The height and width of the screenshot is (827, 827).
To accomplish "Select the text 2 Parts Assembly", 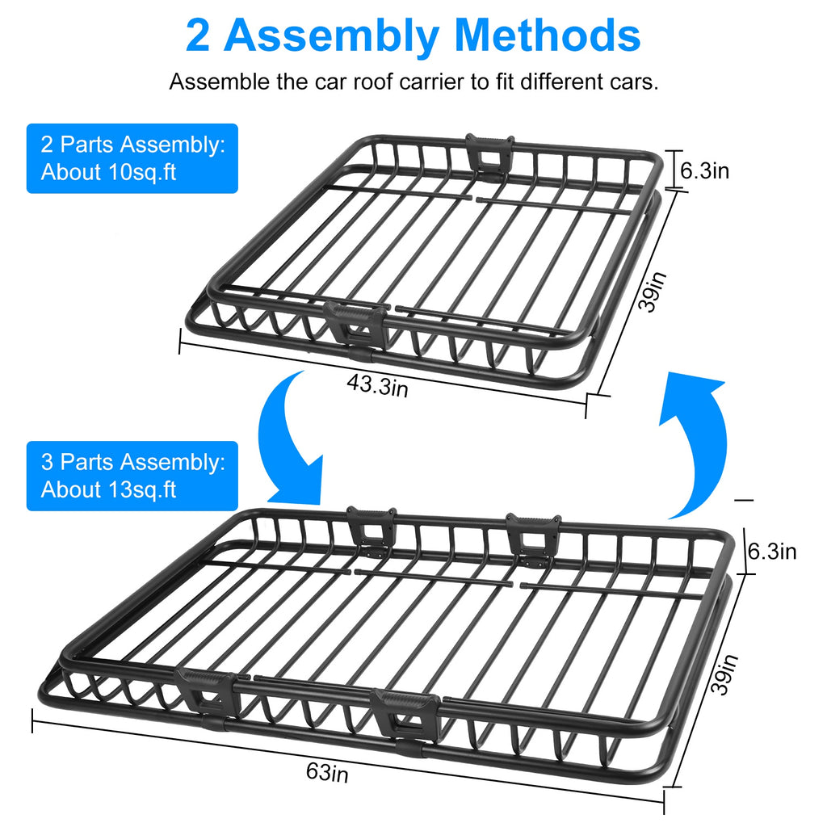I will pyautogui.click(x=132, y=145).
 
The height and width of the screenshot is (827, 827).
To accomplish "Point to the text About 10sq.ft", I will pyautogui.click(x=109, y=172).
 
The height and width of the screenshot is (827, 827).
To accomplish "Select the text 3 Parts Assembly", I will pyautogui.click(x=132, y=463).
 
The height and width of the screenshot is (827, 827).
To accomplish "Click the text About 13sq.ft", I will pyautogui.click(x=109, y=489).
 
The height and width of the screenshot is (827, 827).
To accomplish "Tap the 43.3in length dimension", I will pyautogui.click(x=377, y=387).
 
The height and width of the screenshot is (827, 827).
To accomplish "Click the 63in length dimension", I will pyautogui.click(x=327, y=772).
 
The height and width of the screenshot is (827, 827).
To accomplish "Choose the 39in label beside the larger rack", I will pyautogui.click(x=725, y=674).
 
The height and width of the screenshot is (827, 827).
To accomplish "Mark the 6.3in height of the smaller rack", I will pyautogui.click(x=704, y=170).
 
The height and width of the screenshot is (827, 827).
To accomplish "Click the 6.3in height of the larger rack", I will pyautogui.click(x=772, y=552).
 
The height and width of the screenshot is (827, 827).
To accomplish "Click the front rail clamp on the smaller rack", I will pyautogui.click(x=355, y=323).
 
